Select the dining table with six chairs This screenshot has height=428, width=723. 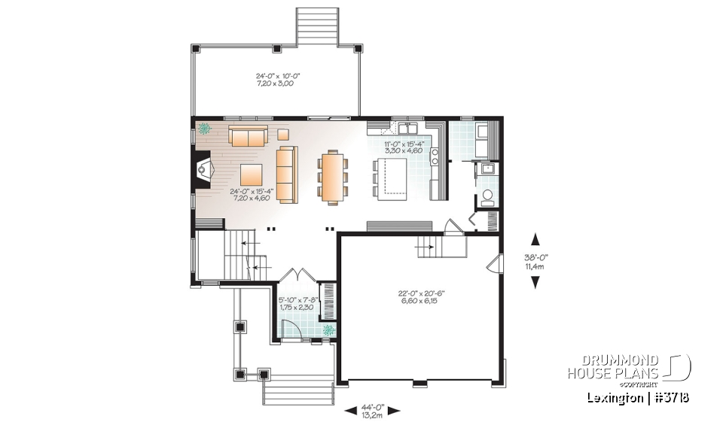click(331, 177)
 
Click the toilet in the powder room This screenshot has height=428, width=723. click(487, 198)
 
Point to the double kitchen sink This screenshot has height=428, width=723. click(406, 126)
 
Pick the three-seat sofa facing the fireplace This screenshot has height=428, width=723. click(287, 175)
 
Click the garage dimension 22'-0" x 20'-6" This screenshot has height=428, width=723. click(419, 296)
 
